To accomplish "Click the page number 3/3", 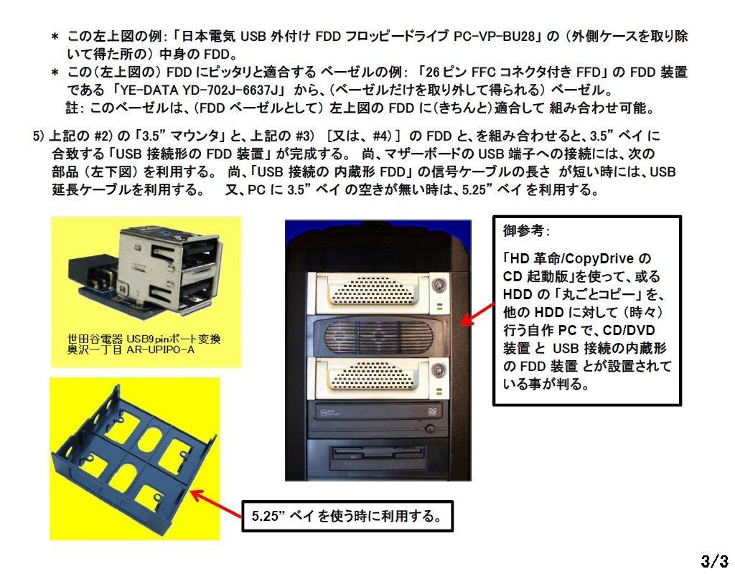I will pyautogui.click(x=714, y=559).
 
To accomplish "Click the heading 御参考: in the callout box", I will pyautogui.click(x=527, y=232).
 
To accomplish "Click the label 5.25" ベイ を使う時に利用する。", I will pyautogui.click(x=347, y=515).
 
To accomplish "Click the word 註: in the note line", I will pyautogui.click(x=76, y=108).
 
